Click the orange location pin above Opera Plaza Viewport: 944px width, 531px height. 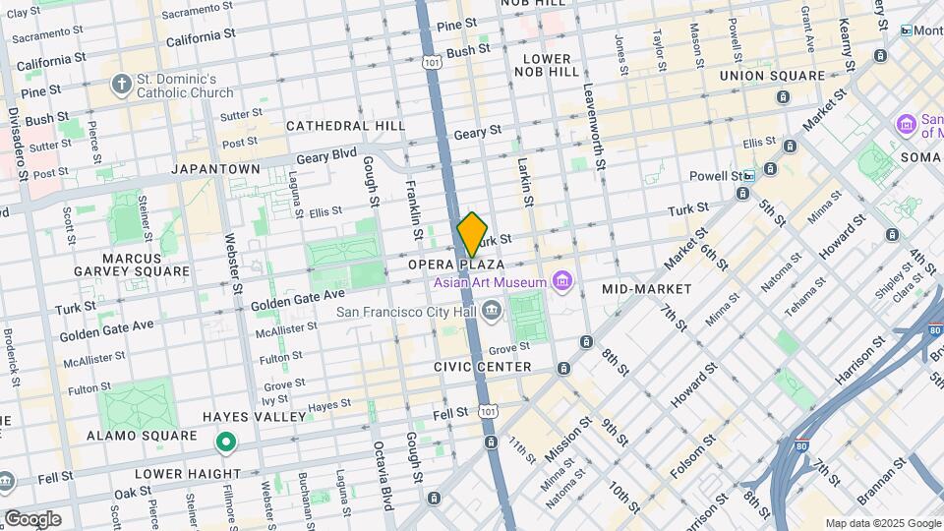point(473,235)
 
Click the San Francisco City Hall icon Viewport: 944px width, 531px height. point(492,313)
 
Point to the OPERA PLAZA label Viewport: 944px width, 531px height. point(457,265)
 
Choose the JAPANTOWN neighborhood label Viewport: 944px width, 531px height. point(215,169)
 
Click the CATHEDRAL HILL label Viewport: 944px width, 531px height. point(344,126)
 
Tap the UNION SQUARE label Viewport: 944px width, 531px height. point(772,76)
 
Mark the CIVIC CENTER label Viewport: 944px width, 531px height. point(482,367)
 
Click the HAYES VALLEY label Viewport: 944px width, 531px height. point(255,417)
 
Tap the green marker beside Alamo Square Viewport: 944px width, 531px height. point(226,442)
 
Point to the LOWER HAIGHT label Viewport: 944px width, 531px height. point(186,473)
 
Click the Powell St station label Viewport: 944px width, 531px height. point(715,176)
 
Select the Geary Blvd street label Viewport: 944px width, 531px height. point(326,156)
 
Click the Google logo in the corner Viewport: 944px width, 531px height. point(32,519)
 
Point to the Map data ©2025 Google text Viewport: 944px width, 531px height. point(883,523)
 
